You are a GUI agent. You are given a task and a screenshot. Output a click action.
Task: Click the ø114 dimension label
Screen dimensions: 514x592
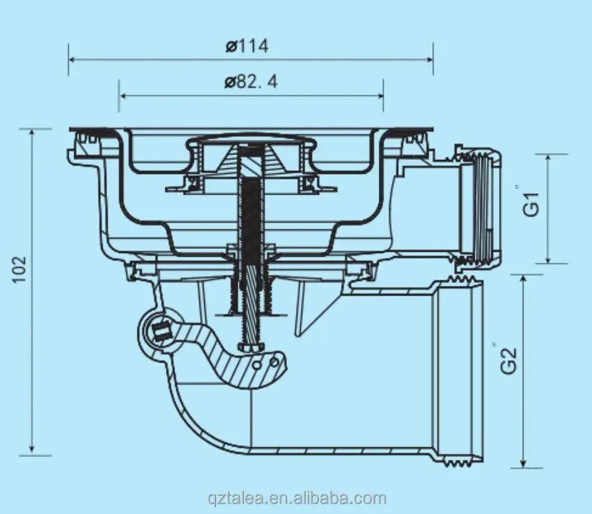coord(247,47)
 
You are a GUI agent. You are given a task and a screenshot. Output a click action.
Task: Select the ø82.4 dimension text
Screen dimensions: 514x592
coord(251,82)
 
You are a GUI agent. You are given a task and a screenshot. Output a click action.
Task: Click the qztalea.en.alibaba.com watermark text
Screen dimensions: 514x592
coord(297,498)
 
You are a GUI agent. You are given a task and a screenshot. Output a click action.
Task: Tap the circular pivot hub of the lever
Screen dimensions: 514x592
coord(161,332)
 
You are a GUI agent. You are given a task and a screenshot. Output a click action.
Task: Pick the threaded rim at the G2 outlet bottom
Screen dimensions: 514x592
coord(459,458)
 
